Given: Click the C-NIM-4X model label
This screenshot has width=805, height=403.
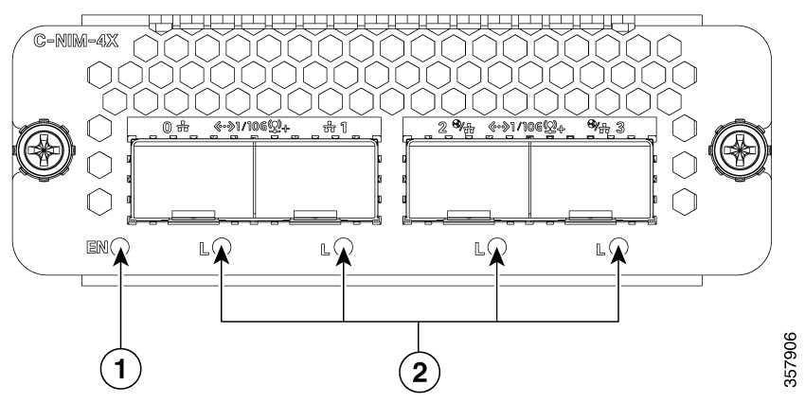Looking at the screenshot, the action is (x=76, y=42).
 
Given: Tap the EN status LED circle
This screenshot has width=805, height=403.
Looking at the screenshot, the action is (x=119, y=247).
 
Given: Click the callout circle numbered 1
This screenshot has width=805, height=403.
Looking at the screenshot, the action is (x=120, y=370).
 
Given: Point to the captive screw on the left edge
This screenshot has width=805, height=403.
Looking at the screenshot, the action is (x=44, y=150).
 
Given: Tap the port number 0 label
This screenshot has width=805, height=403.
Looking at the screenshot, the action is (x=168, y=128).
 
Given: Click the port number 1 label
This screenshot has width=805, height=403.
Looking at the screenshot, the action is (x=342, y=128).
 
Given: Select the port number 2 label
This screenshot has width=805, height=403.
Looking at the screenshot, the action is (x=442, y=128).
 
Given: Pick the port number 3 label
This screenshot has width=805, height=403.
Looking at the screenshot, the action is (x=619, y=128).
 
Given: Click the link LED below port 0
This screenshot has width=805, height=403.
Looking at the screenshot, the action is (x=222, y=247).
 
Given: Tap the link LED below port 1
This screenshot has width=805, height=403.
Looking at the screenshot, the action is (x=343, y=247).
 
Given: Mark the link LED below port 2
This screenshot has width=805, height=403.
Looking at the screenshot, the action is (x=496, y=247).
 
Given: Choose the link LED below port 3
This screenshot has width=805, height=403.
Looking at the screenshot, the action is (x=619, y=247).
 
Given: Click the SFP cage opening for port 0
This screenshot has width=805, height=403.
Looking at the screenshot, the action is (x=192, y=180).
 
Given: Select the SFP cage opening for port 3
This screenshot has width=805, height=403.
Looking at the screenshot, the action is (x=590, y=180).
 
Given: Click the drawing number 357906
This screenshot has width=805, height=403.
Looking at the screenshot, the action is (x=791, y=360).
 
